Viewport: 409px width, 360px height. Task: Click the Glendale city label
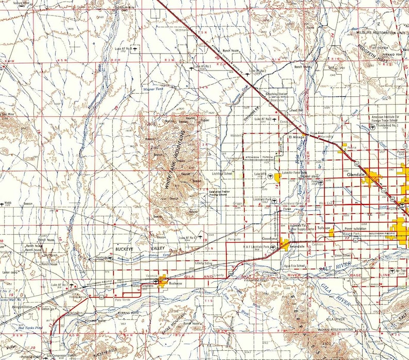click(x=356, y=175)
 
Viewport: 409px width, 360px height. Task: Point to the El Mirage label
click(x=297, y=138)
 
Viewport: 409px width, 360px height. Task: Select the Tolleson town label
click(x=323, y=227)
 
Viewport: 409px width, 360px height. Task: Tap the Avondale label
click(x=297, y=245)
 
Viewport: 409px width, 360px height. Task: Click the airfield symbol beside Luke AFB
click(x=270, y=175)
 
